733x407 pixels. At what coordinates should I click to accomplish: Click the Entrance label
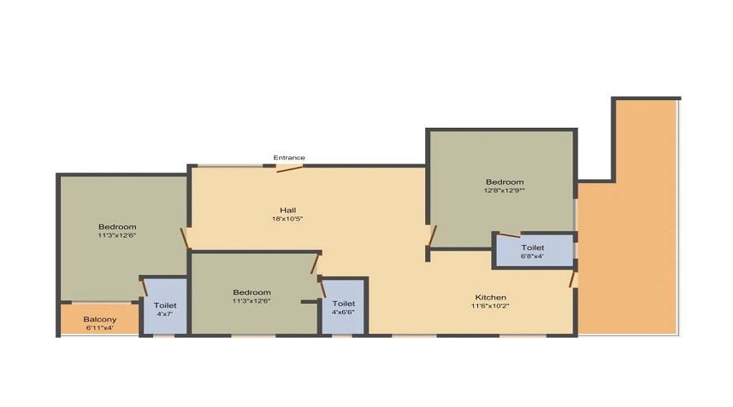[289, 157]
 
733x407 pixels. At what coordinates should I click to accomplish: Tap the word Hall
[287, 210]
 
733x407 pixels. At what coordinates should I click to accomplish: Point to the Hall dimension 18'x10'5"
[287, 219]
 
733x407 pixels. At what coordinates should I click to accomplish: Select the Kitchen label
[490, 297]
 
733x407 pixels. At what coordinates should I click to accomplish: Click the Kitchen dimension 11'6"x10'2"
[490, 306]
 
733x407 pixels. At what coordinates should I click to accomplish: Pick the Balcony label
[99, 320]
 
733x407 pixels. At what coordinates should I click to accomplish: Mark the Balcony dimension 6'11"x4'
[99, 328]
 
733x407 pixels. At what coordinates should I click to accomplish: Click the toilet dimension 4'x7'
[165, 314]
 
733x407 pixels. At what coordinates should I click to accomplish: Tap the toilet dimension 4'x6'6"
[343, 312]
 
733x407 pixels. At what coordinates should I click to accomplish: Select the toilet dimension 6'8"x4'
[533, 256]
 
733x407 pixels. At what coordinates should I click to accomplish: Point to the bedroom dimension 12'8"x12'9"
[504, 190]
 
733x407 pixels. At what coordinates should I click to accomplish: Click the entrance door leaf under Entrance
[290, 168]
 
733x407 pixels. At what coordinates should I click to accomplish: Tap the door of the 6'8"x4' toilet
[510, 234]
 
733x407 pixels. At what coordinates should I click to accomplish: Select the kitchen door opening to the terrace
[572, 279]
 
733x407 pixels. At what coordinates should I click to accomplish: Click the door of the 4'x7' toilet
[144, 287]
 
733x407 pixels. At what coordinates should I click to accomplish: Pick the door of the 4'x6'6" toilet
[323, 289]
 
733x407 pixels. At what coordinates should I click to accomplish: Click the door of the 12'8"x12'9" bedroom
[432, 235]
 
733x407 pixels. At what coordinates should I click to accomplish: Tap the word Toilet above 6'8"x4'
[533, 247]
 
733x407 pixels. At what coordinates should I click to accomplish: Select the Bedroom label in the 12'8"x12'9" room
[504, 182]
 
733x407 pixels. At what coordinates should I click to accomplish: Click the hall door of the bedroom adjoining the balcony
[185, 239]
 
